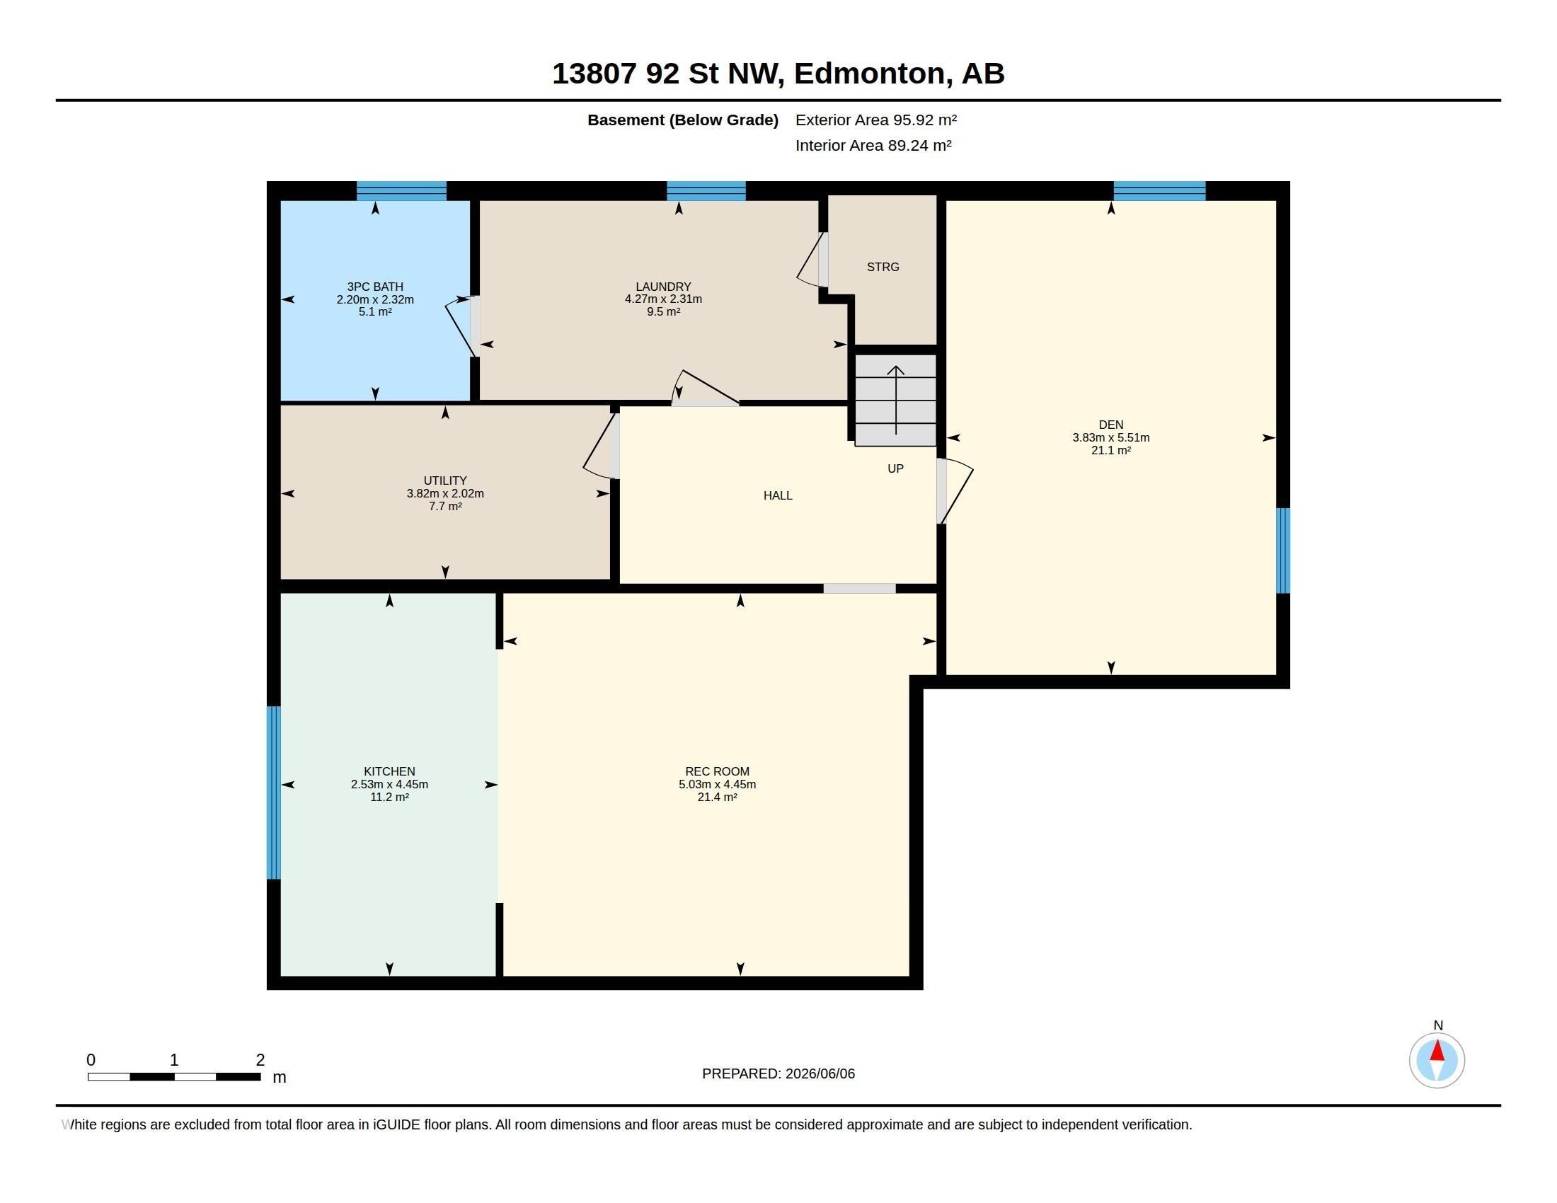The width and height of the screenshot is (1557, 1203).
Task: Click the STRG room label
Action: [883, 267]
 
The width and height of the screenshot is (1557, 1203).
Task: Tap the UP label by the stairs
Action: [895, 469]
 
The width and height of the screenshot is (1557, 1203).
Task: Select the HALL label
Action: [778, 496]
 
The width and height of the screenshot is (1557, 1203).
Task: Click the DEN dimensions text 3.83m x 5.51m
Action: [1110, 438]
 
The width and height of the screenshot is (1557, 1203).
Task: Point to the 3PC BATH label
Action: [375, 287]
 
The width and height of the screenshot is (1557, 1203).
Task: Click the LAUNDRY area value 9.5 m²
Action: [663, 312]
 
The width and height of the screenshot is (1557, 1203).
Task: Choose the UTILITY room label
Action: [445, 481]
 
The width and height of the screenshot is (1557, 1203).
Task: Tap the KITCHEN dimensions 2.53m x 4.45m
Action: [389, 785]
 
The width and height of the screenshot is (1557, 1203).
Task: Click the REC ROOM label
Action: [717, 772]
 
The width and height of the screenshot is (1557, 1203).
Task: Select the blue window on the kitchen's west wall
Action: [274, 793]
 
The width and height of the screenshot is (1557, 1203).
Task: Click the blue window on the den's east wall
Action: [1282, 550]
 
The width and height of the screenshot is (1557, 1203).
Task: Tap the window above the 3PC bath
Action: [401, 191]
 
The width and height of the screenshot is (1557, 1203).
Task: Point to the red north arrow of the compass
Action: [1437, 1050]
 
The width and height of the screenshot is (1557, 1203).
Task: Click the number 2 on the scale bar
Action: [260, 1061]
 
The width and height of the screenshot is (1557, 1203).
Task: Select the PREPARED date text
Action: [778, 1074]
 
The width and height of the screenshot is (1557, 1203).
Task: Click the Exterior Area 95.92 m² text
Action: [876, 120]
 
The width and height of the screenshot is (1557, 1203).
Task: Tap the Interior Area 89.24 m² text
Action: [873, 145]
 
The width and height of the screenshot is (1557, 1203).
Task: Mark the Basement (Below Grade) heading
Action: [682, 120]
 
